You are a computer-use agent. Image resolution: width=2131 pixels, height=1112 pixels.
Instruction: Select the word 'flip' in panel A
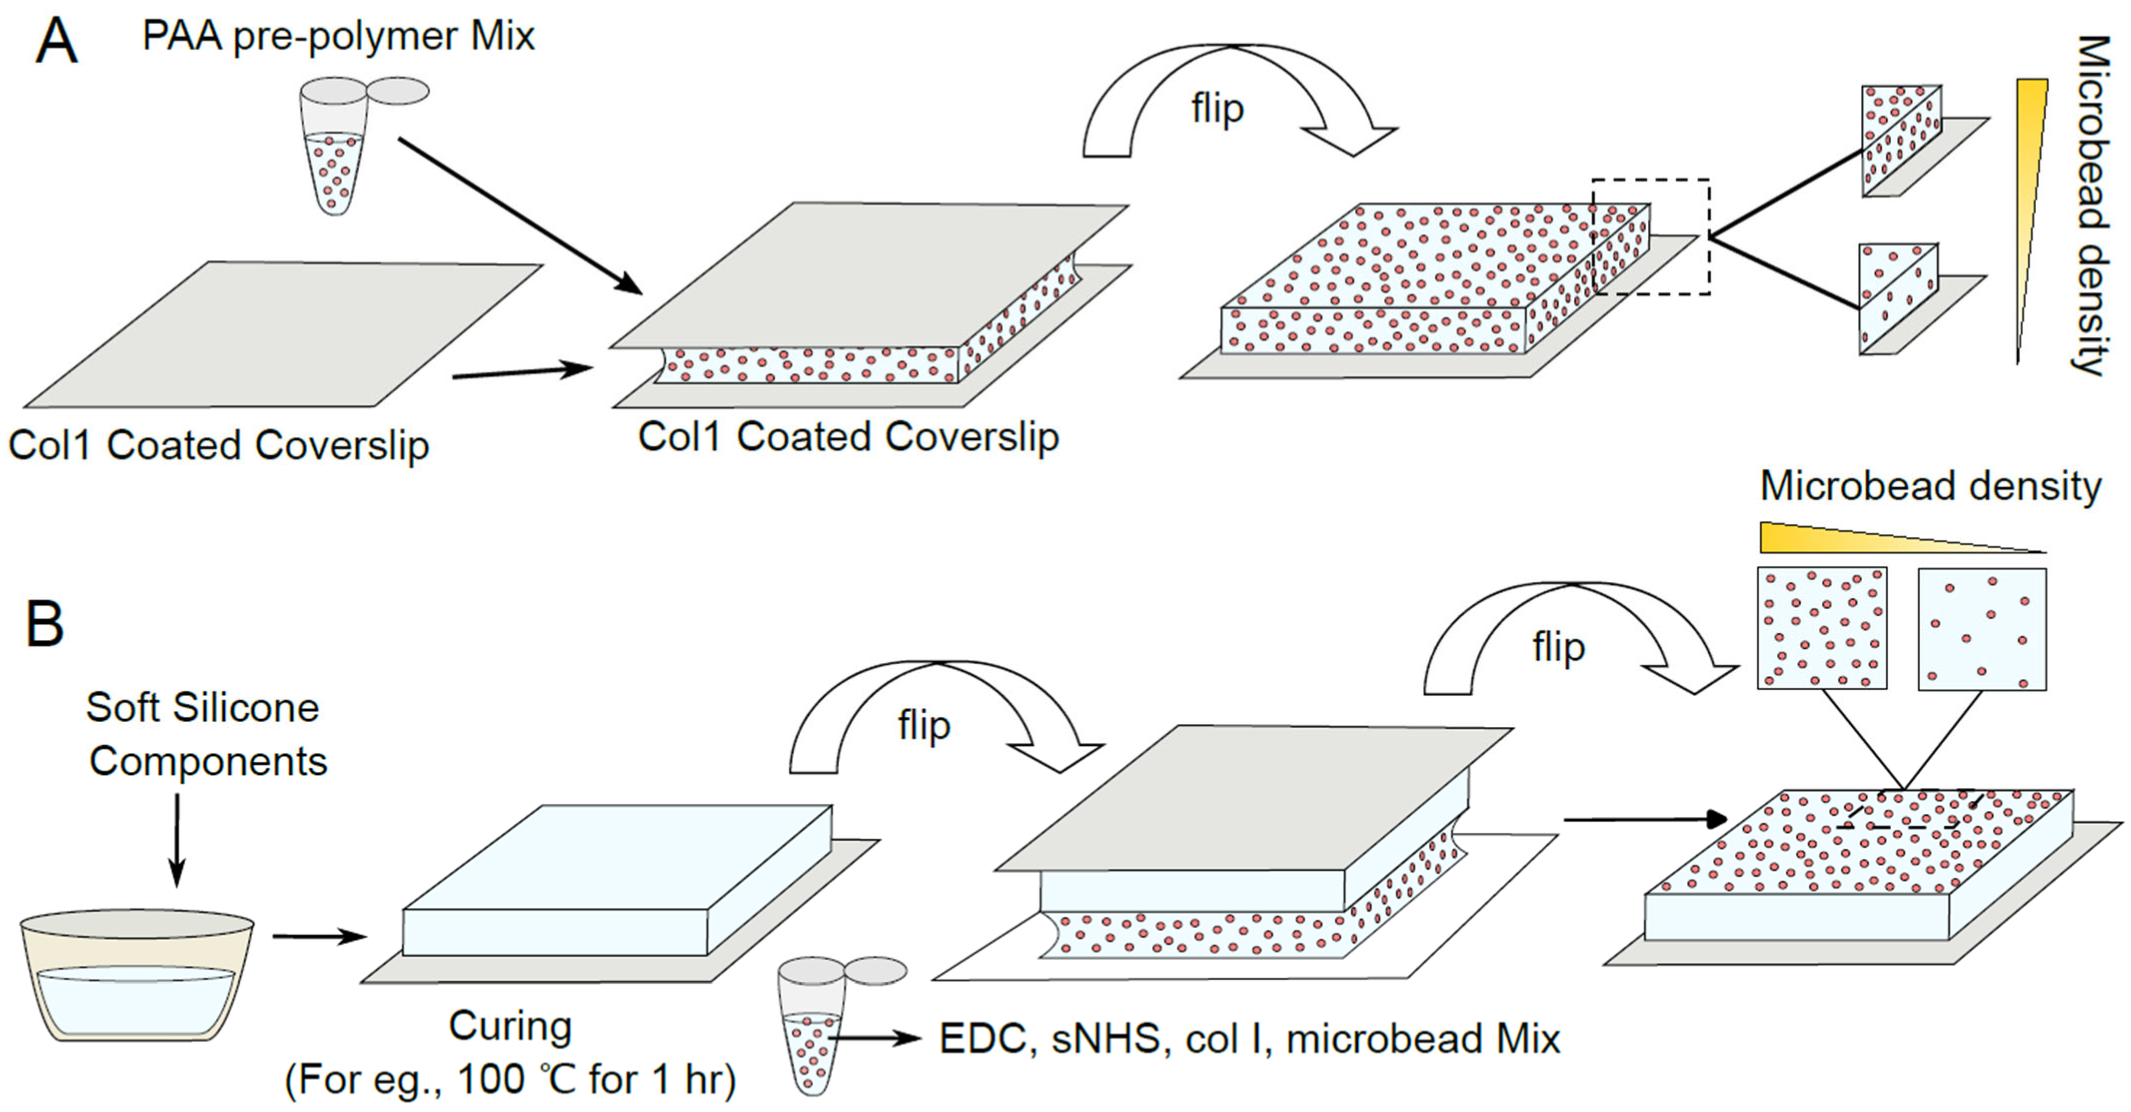point(1217,108)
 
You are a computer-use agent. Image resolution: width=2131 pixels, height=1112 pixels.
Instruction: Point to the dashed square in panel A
point(1651,237)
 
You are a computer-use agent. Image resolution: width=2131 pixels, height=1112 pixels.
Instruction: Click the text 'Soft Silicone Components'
point(205,734)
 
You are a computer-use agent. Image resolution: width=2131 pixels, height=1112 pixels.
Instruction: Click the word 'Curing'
point(510,1027)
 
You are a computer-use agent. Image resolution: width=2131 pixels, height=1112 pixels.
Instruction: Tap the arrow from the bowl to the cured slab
point(319,937)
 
